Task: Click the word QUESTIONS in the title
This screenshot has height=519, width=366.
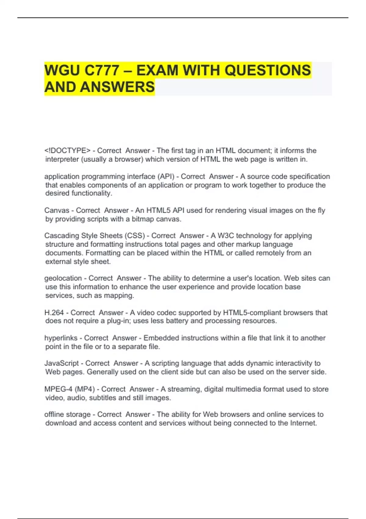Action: (268, 71)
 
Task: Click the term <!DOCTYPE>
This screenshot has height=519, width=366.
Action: (67, 151)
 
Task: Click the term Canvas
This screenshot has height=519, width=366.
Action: (57, 210)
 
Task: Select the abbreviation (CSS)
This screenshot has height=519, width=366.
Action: (135, 236)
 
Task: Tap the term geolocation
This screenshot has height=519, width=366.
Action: (63, 278)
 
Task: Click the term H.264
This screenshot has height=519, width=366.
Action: (54, 313)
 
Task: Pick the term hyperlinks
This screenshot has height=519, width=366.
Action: (61, 338)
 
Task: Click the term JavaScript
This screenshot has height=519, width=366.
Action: (62, 363)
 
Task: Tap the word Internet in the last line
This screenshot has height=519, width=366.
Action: (303, 423)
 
